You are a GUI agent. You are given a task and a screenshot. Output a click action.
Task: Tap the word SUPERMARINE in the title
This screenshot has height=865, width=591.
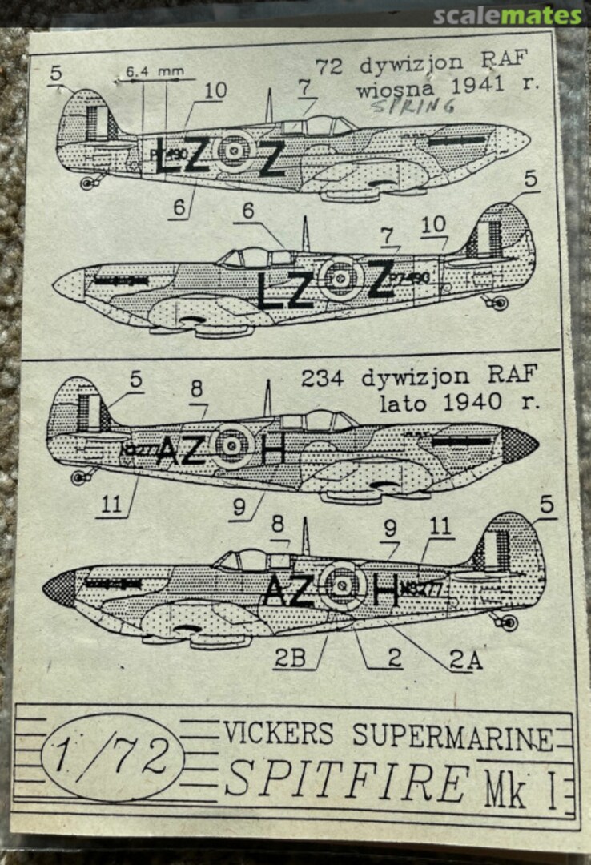pos(452,737)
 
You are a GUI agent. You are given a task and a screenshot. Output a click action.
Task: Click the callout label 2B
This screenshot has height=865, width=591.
pos(288,659)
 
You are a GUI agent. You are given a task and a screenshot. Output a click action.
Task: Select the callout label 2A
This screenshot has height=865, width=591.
pos(464,660)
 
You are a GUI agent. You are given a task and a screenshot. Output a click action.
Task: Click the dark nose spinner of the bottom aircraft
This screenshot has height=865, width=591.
pos(59,589)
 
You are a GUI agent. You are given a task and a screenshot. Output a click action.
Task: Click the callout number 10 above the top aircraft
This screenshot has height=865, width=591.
pos(215,91)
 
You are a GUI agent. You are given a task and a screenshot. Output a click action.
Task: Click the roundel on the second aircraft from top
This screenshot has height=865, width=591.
pos(340,278)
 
